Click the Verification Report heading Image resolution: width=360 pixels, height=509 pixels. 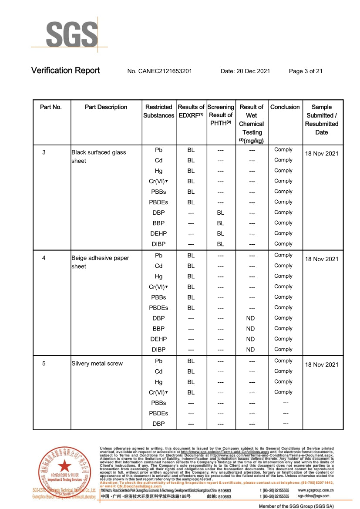click(x=65, y=71)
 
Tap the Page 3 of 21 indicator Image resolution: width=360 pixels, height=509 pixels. click(x=306, y=71)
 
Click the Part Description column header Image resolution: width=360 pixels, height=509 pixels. click(x=106, y=107)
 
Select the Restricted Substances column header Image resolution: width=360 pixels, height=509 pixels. click(x=159, y=111)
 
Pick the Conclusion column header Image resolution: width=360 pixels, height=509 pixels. click(x=285, y=107)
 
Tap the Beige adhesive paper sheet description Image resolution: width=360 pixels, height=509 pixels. click(x=100, y=262)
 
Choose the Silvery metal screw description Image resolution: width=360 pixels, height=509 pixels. click(x=97, y=364)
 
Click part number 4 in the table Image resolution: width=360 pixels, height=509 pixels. click(x=44, y=258)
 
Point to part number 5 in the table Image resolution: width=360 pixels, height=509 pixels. click(x=44, y=364)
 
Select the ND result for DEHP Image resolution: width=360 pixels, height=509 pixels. click(x=250, y=339)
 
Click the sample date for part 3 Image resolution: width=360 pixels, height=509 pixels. click(x=322, y=153)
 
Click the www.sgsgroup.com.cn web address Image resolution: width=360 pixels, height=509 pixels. click(x=316, y=490)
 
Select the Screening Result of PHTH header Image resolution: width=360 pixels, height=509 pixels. click(x=221, y=115)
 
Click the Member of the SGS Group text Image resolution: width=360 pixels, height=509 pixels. click(x=296, y=506)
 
